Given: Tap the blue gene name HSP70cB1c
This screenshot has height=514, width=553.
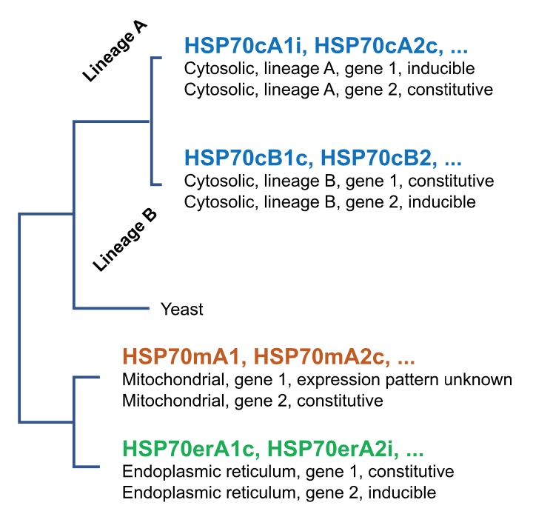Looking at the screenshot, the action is pyautogui.click(x=249, y=158).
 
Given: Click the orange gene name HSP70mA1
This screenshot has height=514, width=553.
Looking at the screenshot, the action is pyautogui.click(x=184, y=356).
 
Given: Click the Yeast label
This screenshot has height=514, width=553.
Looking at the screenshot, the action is pyautogui.click(x=181, y=310).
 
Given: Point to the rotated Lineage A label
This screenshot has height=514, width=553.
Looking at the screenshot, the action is pyautogui.click(x=115, y=51).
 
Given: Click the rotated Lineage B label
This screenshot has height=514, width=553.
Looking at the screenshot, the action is pyautogui.click(x=125, y=241).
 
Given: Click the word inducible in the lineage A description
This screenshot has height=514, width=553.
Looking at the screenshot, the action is pyautogui.click(x=441, y=68).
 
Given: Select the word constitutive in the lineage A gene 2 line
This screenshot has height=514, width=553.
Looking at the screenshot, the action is pyautogui.click(x=450, y=90).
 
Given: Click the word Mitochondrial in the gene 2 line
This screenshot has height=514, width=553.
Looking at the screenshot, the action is pyautogui.click(x=173, y=401).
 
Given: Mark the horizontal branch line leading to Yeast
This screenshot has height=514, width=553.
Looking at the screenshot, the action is pyautogui.click(x=112, y=308).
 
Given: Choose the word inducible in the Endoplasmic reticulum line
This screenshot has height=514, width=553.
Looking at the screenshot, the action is pyautogui.click(x=402, y=493).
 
